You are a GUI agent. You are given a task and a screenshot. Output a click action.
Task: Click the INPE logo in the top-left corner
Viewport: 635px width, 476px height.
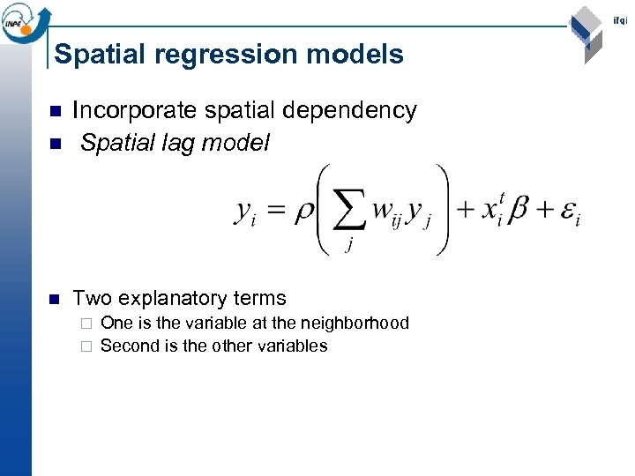click(x=24, y=20)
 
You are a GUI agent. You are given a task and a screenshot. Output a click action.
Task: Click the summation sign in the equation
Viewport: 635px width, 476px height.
click(x=349, y=211)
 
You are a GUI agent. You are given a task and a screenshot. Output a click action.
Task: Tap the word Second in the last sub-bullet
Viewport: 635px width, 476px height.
click(x=130, y=346)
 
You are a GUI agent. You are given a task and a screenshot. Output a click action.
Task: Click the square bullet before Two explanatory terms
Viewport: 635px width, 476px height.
click(x=55, y=299)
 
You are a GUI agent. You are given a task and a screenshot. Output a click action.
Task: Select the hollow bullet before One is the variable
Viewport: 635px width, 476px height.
click(x=86, y=324)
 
